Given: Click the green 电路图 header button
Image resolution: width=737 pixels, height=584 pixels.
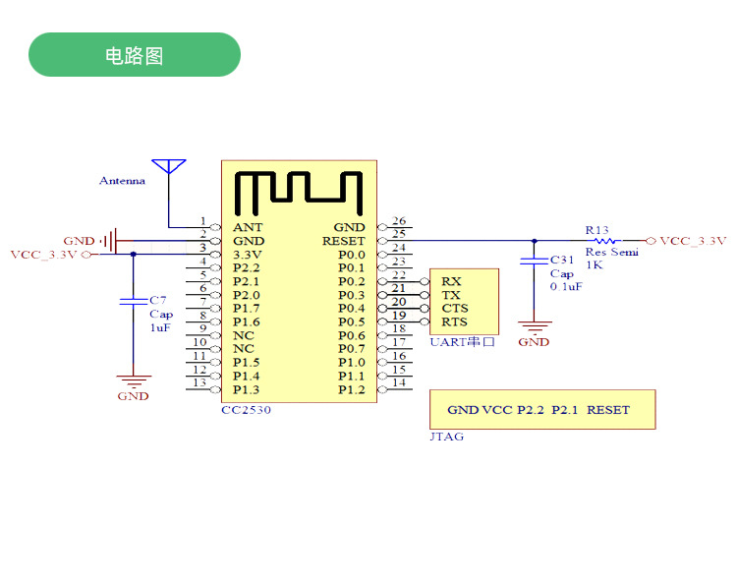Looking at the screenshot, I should [x=135, y=55].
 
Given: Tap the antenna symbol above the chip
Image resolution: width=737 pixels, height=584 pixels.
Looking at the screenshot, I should [x=169, y=168].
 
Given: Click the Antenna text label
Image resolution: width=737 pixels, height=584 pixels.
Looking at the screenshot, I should [x=122, y=181].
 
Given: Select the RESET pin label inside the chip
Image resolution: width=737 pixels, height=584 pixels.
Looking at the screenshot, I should [x=343, y=241].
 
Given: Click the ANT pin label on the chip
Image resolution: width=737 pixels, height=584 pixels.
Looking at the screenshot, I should [x=248, y=227].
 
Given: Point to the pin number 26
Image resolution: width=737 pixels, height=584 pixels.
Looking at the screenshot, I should [x=399, y=221].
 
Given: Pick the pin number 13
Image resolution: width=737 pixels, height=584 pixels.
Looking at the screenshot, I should [x=199, y=382].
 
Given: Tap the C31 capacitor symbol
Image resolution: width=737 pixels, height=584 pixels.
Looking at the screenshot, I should [x=534, y=262].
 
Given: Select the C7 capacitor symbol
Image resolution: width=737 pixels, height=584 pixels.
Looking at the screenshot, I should [x=133, y=300].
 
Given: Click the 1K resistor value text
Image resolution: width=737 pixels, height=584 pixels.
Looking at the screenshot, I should [x=595, y=264].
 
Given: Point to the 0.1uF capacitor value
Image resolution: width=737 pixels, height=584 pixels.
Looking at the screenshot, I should [x=566, y=287].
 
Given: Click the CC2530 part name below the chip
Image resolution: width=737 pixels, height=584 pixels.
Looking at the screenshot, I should [x=246, y=410].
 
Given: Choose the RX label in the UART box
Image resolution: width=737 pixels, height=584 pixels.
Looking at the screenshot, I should [x=451, y=281].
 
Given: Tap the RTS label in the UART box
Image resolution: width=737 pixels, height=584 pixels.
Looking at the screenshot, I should [x=454, y=321].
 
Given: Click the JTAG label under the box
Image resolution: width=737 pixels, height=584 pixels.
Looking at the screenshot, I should [x=447, y=437].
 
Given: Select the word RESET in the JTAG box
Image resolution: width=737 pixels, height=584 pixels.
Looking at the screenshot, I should [x=608, y=410].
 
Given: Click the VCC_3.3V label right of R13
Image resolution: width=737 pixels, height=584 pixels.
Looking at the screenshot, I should [x=693, y=241].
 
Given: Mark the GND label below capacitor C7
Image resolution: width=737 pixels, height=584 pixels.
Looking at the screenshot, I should [x=133, y=396].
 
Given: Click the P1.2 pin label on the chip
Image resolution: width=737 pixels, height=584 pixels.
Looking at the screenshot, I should [x=351, y=389].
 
